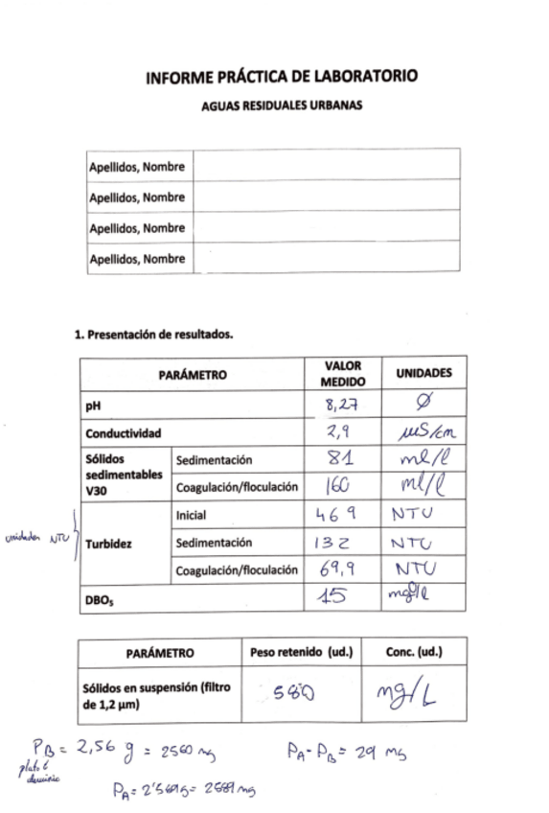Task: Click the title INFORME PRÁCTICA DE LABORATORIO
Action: tap(282, 78)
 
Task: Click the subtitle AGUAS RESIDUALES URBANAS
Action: tap(282, 106)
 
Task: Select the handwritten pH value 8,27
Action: tap(342, 406)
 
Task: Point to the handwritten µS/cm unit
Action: tap(424, 433)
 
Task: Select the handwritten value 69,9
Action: tap(339, 569)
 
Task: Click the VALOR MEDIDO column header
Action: tap(343, 374)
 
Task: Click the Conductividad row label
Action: tap(124, 433)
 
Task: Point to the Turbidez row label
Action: tap(107, 544)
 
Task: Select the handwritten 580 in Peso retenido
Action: tap(296, 693)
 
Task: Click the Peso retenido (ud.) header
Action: tap(302, 653)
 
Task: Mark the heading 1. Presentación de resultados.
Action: tap(154, 336)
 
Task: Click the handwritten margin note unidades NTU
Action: tap(37, 539)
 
